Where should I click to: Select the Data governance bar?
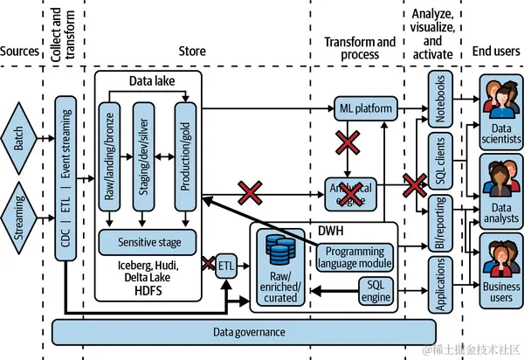[244, 331]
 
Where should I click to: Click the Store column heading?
[192, 52]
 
